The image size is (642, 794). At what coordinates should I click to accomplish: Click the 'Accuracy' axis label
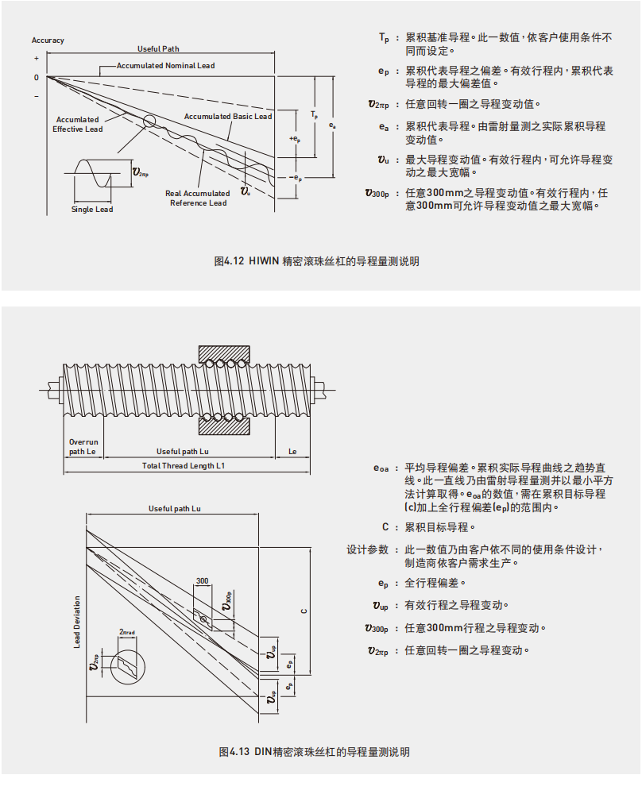tap(48, 40)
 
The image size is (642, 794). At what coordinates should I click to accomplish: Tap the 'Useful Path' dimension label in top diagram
tap(159, 48)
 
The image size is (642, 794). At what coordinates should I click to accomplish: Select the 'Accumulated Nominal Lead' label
tap(165, 65)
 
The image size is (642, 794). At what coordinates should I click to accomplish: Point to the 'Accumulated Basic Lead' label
tap(228, 117)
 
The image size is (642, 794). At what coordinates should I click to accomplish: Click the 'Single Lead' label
tap(92, 210)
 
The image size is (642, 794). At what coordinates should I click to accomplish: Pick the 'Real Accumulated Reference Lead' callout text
tap(196, 198)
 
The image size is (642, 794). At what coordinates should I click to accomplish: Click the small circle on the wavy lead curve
tap(149, 121)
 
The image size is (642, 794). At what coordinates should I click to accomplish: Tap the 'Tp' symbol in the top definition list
tap(384, 37)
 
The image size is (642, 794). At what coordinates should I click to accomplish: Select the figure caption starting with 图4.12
tap(316, 261)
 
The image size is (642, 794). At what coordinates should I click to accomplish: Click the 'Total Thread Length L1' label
tap(183, 465)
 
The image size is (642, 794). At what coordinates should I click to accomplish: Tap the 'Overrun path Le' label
tap(83, 446)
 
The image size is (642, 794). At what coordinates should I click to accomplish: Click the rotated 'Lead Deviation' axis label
tap(77, 622)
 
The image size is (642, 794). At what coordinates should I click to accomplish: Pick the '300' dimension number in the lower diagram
tap(202, 581)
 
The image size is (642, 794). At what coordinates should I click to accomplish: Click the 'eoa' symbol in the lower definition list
tap(381, 468)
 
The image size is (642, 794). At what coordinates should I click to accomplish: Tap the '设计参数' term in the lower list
tap(367, 549)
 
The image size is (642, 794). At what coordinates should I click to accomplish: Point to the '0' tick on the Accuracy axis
tap(36, 78)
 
